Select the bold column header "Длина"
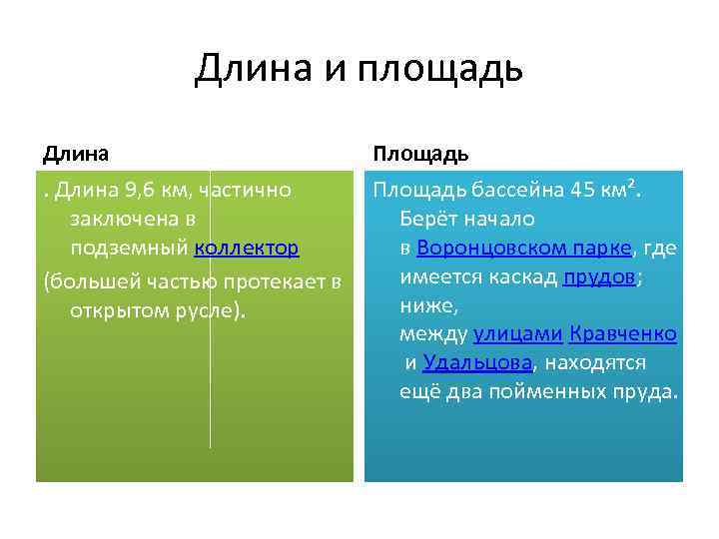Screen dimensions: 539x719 pyautogui.click(x=76, y=154)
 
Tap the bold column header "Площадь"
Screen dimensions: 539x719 pyautogui.click(x=420, y=154)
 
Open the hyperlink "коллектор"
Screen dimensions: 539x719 pyautogui.click(x=247, y=248)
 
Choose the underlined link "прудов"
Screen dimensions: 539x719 pyautogui.click(x=599, y=276)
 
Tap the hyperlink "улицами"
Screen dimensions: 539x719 pyautogui.click(x=518, y=333)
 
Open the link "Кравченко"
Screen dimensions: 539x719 pyautogui.click(x=624, y=333)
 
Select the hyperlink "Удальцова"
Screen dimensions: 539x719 pyautogui.click(x=476, y=362)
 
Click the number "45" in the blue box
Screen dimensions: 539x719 pyautogui.click(x=580, y=190)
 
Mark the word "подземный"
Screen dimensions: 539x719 pyautogui.click(x=130, y=248)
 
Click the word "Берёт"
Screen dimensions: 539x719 pyautogui.click(x=427, y=219)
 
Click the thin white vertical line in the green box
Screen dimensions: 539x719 pyautogui.click(x=210, y=399)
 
